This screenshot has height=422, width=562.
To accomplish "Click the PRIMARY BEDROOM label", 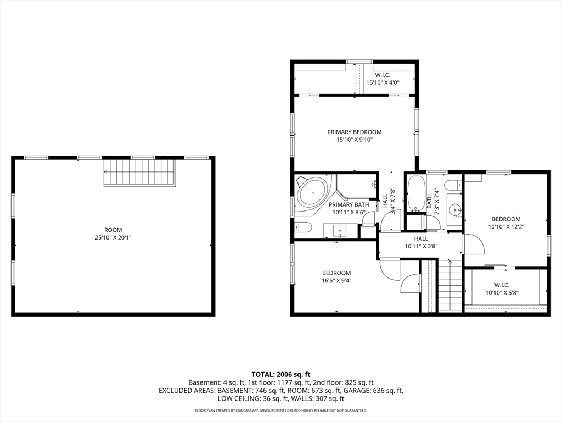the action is coord(354,136).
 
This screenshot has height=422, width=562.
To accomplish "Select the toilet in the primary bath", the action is coord(303,227).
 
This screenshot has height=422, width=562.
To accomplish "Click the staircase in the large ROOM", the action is coord(140,172).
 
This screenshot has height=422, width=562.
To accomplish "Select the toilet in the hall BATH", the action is coord(453,185).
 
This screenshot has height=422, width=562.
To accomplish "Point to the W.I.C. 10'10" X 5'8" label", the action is coord(502,289).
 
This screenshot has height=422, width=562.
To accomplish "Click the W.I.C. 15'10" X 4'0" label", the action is coord(383,79).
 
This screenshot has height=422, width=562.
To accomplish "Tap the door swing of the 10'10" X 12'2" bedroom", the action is coord(473,245).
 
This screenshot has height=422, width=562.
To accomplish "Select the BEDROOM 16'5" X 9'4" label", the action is coord(336,277).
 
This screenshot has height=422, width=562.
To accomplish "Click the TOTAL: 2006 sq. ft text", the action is coord(280,375).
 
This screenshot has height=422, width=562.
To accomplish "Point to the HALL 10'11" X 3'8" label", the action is coord(421,242).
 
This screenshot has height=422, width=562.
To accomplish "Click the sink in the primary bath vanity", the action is coord(339,231).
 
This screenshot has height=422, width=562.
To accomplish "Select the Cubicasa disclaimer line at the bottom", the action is coord(280,410).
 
